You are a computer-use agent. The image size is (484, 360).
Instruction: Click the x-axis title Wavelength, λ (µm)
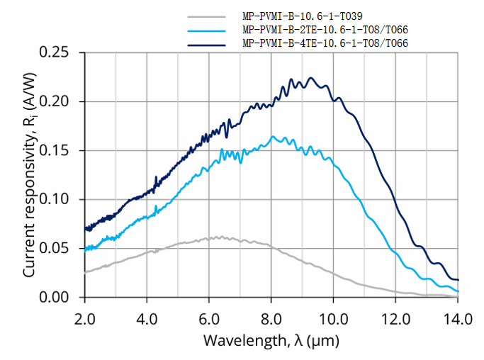pos(271,340)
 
